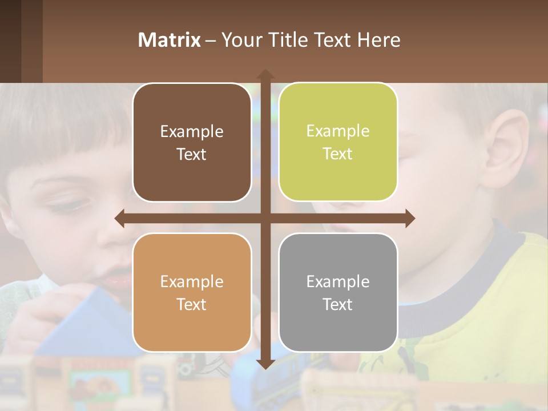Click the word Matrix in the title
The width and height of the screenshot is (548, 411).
[x=170, y=40]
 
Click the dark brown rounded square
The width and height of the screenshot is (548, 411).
[x=192, y=142]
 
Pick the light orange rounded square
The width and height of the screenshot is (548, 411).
[x=192, y=292]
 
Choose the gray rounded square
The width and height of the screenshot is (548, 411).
[x=338, y=292]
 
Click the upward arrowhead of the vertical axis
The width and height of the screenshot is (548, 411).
[x=265, y=74]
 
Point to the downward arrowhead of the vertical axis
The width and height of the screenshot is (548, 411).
[x=265, y=364]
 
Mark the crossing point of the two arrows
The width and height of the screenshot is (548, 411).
[x=265, y=218]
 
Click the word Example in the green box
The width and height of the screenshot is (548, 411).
[x=338, y=131]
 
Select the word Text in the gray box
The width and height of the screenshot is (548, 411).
[x=338, y=304]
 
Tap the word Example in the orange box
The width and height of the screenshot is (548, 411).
[x=192, y=281]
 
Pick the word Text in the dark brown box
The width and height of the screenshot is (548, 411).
[x=192, y=154]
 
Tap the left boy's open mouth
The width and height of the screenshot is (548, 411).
[x=119, y=279]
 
